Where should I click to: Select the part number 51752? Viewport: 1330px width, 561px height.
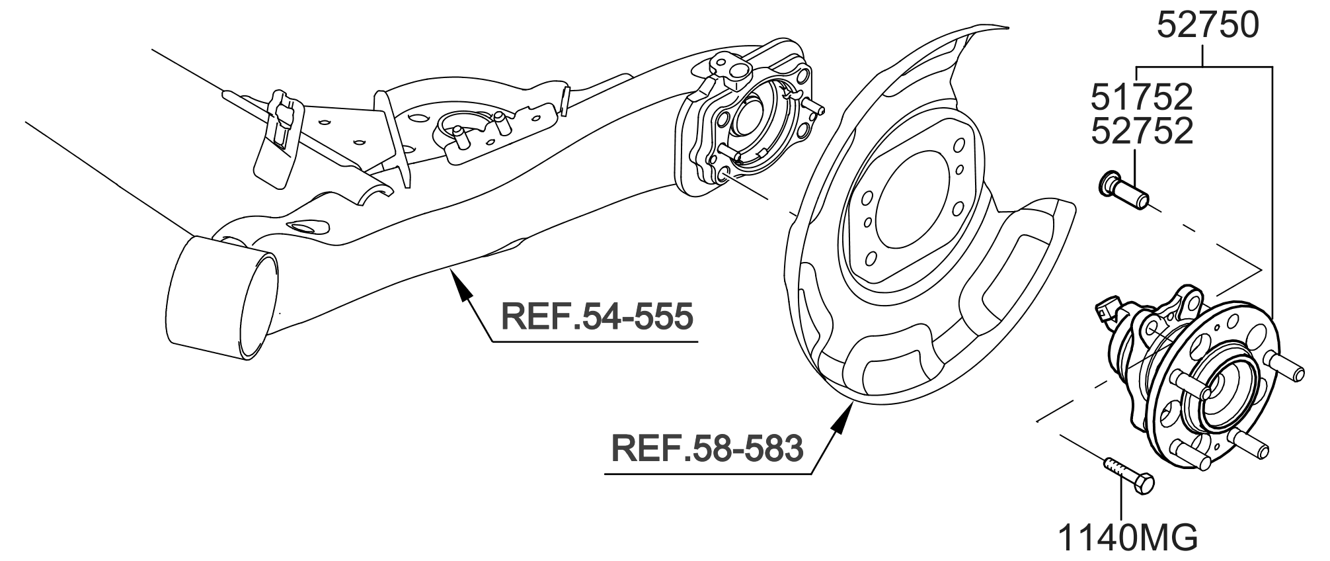(1142, 98)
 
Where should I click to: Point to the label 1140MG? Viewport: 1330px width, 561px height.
(1128, 539)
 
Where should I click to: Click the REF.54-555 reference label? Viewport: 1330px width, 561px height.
(597, 316)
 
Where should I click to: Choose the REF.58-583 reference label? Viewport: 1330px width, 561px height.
(707, 448)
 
